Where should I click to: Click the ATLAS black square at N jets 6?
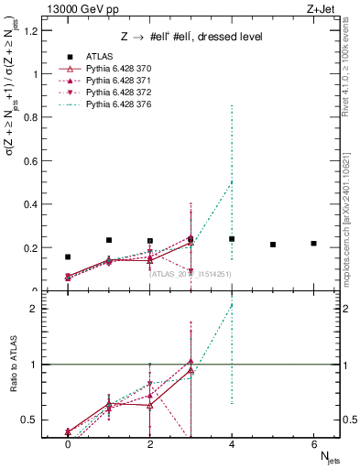[x=313, y=244]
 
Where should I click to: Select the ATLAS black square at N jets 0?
[x=68, y=257]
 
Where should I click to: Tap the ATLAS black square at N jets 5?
[x=273, y=245]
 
